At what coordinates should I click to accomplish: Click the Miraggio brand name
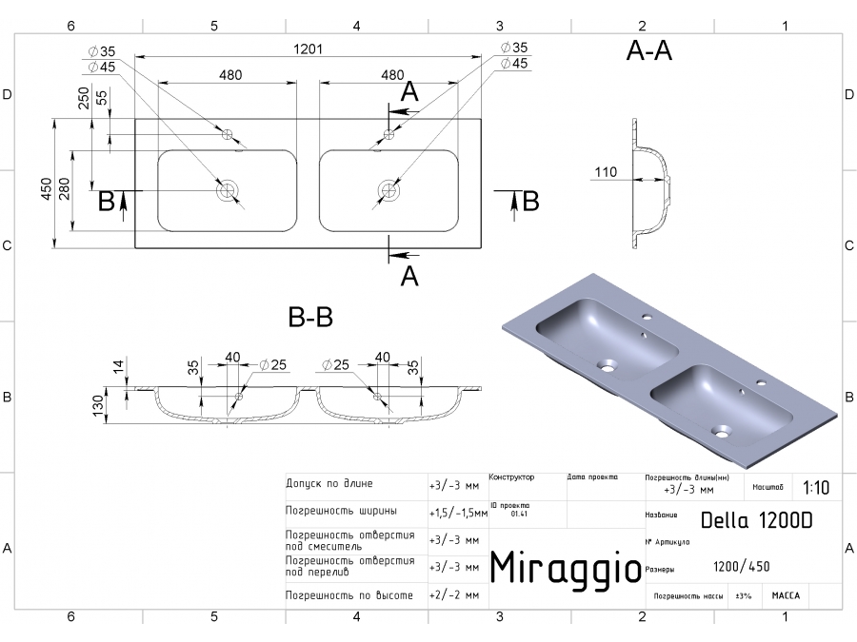point(565,568)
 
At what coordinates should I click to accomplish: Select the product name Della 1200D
point(757,520)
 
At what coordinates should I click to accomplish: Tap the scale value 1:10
point(815,488)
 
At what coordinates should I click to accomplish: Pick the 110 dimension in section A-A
point(606,172)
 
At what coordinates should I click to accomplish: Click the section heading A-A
point(648,52)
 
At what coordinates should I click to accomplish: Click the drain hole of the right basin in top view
point(388,191)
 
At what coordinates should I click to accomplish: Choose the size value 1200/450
point(741,567)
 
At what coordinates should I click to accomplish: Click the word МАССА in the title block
point(786,596)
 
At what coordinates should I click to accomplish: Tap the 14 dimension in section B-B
point(117,365)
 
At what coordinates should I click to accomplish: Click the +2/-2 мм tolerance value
point(453,595)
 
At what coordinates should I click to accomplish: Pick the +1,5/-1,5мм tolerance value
point(457,512)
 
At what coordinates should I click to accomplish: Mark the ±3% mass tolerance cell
point(744,596)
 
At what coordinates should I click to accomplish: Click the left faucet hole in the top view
point(228,134)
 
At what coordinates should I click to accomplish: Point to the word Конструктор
point(511,477)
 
